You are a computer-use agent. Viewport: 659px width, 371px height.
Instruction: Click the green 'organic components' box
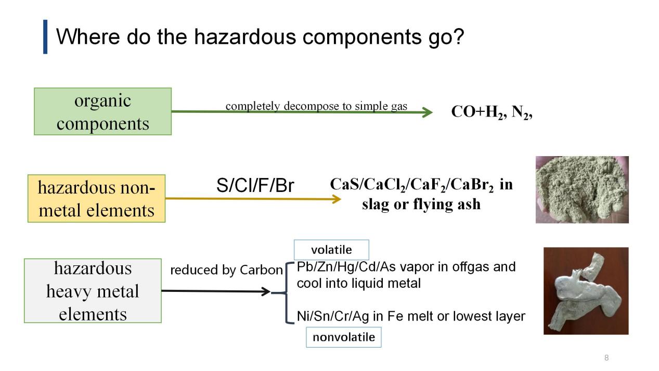tap(102, 111)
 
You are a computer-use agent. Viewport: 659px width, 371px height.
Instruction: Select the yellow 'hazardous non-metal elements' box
tap(96, 198)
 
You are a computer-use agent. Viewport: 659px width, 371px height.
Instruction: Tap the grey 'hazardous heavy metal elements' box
tap(93, 290)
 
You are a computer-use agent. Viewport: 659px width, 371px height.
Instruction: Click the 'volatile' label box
tap(331, 250)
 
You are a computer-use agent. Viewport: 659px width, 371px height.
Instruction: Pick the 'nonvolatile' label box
tap(343, 337)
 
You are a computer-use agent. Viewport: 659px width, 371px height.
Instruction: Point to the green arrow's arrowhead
tap(428, 112)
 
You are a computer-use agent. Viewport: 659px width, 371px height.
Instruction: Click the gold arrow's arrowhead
tap(336, 198)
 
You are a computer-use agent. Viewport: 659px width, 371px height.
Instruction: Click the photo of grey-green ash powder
tap(582, 189)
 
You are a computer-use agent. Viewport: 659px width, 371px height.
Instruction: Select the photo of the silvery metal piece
tap(586, 290)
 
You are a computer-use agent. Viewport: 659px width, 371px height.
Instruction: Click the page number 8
tap(606, 357)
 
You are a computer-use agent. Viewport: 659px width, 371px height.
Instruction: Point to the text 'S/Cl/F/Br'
tap(255, 186)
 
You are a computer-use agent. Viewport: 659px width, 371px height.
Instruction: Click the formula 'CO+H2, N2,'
tap(492, 112)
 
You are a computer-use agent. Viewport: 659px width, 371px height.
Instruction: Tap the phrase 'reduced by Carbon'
tap(226, 270)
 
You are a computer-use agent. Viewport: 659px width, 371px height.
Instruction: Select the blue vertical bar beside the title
tap(45, 36)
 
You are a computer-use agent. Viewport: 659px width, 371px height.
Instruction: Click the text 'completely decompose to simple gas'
tap(316, 106)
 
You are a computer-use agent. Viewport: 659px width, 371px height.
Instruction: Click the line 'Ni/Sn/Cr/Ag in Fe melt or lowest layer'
tap(411, 316)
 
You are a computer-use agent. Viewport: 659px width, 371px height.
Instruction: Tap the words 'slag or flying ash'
tap(421, 204)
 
